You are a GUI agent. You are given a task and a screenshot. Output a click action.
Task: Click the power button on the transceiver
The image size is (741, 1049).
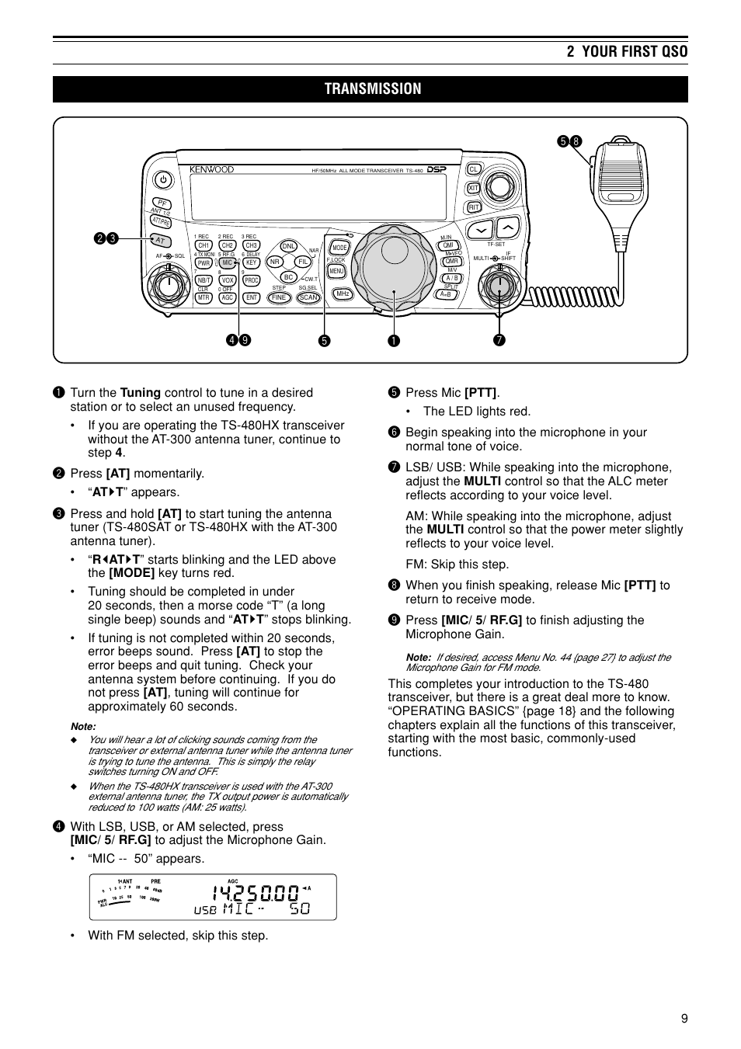162,180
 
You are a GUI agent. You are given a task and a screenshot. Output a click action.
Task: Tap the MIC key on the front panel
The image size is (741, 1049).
228,263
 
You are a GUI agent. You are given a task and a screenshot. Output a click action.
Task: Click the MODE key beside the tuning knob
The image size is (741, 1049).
339,248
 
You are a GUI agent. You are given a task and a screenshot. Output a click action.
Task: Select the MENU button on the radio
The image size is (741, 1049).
336,271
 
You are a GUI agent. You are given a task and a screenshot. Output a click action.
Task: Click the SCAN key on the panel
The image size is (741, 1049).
308,297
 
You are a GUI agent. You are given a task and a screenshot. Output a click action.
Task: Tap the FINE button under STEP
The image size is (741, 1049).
280,297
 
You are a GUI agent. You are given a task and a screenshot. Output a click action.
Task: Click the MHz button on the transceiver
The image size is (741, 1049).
342,294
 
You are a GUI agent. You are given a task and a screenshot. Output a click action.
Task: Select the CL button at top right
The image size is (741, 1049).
474,169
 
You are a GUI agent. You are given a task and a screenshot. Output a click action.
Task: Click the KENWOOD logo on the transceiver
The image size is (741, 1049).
211,169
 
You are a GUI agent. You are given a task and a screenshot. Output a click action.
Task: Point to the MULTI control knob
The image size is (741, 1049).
499,285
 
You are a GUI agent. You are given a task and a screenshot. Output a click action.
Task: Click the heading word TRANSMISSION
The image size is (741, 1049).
373,89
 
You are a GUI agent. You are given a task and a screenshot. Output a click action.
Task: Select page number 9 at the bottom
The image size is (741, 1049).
684,1019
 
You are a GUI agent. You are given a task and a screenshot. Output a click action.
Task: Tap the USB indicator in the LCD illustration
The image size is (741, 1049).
205,910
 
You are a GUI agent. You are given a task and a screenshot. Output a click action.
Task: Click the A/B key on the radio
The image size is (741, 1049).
451,278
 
